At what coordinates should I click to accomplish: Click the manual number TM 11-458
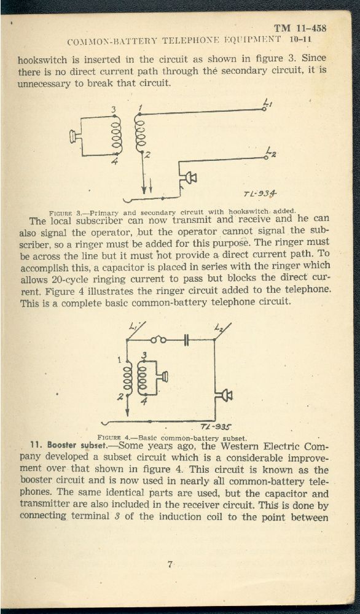click(300, 28)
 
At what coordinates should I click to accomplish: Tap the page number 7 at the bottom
click(170, 564)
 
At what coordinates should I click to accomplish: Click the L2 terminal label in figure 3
click(271, 151)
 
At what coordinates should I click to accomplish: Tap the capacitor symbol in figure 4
click(187, 340)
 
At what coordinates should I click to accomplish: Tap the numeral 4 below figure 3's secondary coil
click(114, 161)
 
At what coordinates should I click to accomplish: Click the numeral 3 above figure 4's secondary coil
click(144, 355)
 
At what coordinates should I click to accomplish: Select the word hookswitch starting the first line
click(42, 61)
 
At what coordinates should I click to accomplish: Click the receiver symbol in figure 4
click(165, 377)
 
